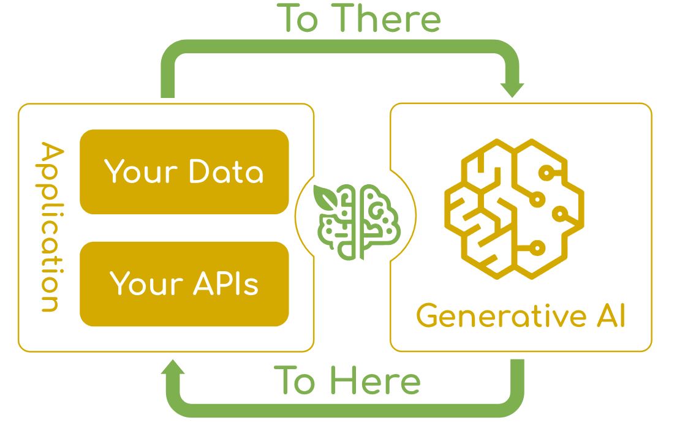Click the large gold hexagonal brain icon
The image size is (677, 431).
tap(513, 208)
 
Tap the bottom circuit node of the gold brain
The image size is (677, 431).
tap(537, 248)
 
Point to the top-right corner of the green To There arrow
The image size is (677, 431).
tap(512, 49)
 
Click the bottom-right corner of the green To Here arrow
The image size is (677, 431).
tap(515, 407)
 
